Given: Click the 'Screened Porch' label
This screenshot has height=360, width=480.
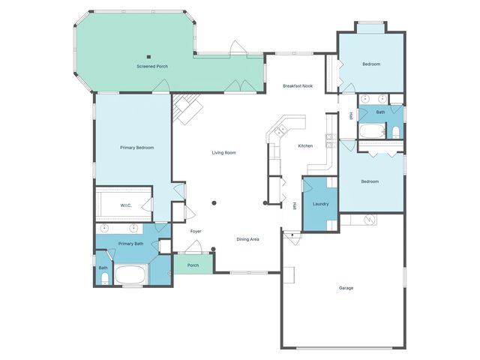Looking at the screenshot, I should click(151, 67).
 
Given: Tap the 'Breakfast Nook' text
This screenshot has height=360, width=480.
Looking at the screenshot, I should click(298, 86).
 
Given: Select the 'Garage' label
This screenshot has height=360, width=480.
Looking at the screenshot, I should click(346, 288).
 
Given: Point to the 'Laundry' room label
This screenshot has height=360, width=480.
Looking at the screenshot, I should click(321, 203).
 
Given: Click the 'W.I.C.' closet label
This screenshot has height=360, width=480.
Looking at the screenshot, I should click(126, 205).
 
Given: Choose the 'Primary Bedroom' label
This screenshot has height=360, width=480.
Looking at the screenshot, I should click(137, 148).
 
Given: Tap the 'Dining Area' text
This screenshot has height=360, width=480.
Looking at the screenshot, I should click(248, 239).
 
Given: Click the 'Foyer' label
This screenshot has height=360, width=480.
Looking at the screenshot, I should click(196, 231).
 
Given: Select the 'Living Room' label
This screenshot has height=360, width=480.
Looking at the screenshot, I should click(223, 153).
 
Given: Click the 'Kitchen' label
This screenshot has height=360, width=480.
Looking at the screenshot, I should click(305, 145).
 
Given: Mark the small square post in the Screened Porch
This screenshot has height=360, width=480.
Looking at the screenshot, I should click(149, 56).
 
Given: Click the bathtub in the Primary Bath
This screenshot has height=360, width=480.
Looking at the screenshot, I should click(132, 274).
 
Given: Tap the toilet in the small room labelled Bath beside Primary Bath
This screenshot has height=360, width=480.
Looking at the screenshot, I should click(103, 279).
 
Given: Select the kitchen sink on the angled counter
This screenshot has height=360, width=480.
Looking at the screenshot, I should click(280, 131).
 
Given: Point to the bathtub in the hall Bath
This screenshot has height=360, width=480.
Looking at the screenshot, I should click(371, 133).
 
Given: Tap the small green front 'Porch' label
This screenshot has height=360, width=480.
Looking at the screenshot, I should click(193, 265).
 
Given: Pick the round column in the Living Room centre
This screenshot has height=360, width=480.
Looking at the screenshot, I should click(214, 202).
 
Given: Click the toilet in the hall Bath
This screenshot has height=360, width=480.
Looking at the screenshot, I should click(395, 133).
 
